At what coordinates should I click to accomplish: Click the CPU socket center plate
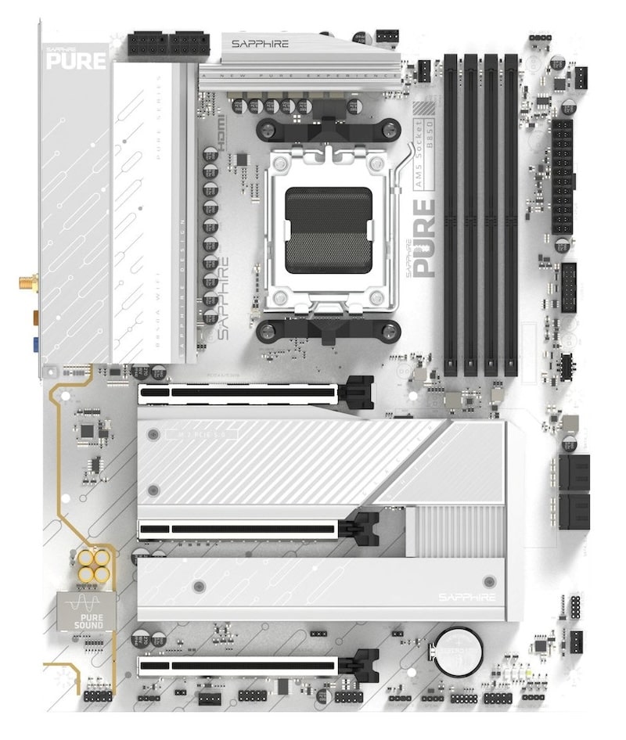click(x=328, y=230)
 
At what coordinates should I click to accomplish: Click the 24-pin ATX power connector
click(x=563, y=177)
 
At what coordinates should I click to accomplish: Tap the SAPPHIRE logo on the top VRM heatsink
click(x=261, y=44)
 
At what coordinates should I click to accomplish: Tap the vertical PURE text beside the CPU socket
click(x=423, y=239)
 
